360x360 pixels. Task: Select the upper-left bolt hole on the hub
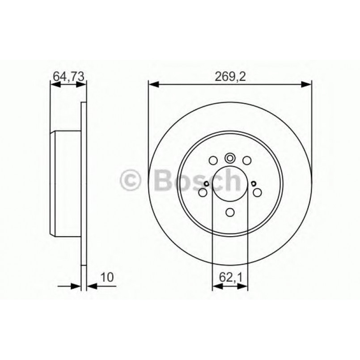[x=213, y=160]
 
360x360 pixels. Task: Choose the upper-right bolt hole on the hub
[x=246, y=160]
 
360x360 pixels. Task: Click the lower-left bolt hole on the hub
[x=203, y=192]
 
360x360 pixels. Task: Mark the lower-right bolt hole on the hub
[x=257, y=192]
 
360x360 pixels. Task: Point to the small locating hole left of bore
[x=207, y=183]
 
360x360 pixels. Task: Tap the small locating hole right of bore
[x=254, y=183]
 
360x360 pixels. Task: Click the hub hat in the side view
[x=67, y=184]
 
